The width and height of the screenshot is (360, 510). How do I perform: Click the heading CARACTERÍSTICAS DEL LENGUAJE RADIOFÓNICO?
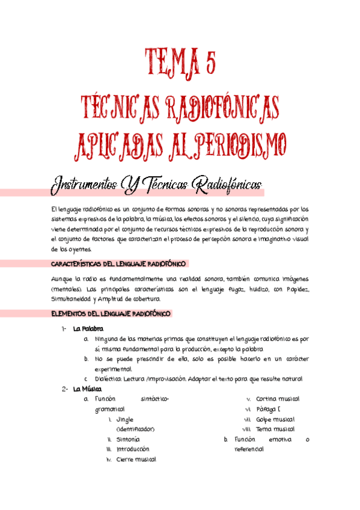pyautogui.click(x=120, y=264)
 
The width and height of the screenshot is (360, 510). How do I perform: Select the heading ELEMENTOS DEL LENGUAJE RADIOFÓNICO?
pyautogui.click(x=111, y=313)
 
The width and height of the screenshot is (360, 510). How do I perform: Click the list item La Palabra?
pyautogui.click(x=88, y=328)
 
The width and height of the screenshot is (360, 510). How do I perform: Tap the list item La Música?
pyautogui.click(x=87, y=389)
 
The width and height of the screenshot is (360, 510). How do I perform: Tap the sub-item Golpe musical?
pyautogui.click(x=275, y=419)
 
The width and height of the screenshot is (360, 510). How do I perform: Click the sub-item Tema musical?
pyautogui.click(x=275, y=429)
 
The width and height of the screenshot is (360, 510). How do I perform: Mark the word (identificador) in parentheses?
pyautogui.click(x=135, y=429)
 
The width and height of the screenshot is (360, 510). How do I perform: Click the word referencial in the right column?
pyautogui.click(x=249, y=449)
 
